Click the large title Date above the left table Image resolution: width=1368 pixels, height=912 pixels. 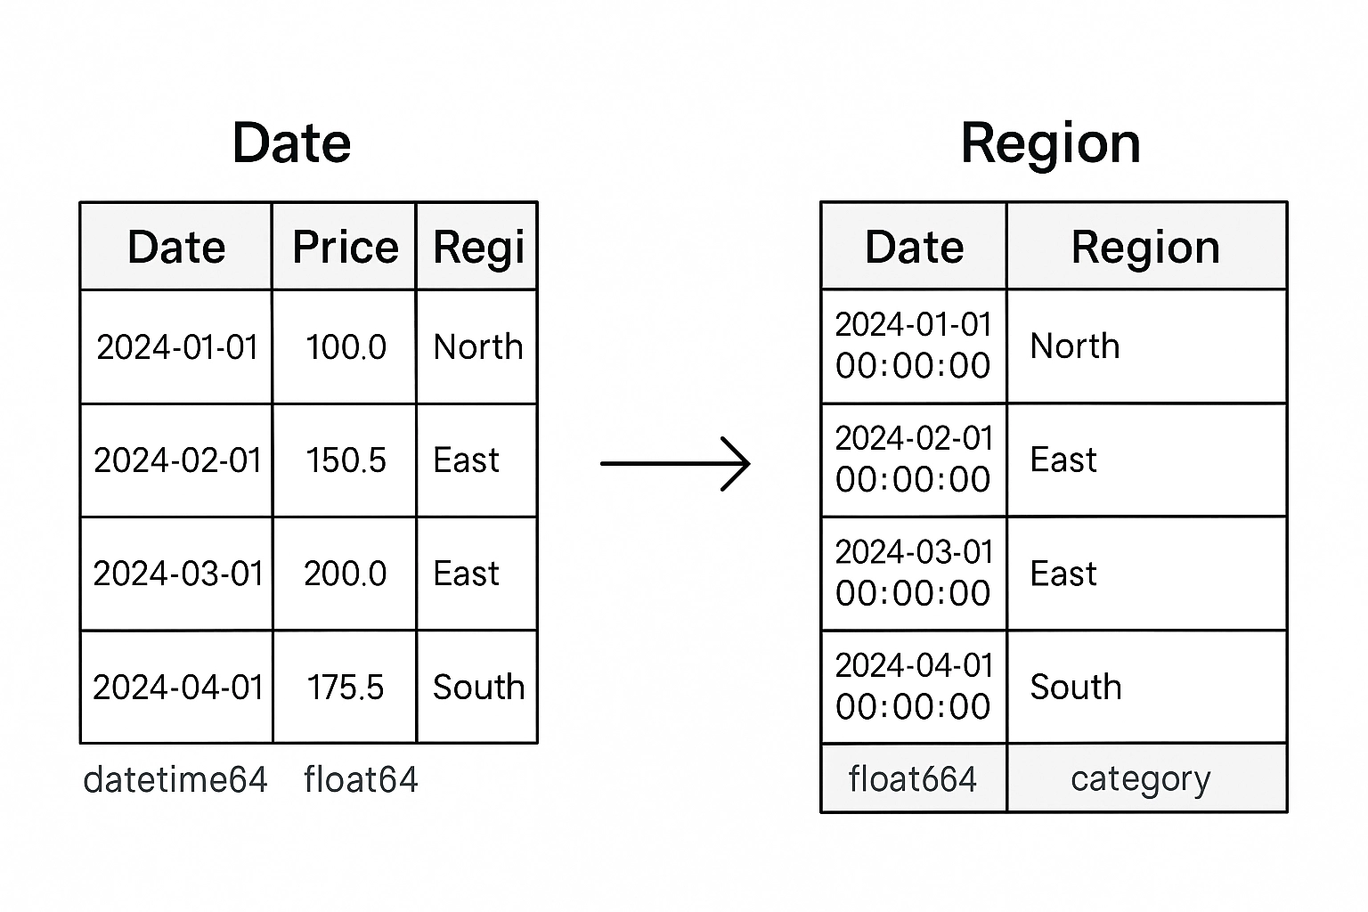[x=292, y=142]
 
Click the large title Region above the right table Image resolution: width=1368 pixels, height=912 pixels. [x=1051, y=144]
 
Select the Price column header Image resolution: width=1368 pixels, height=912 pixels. [x=345, y=247]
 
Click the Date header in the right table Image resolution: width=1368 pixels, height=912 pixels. [x=915, y=247]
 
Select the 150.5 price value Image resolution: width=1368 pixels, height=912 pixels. [x=346, y=460]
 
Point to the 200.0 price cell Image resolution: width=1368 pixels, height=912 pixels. [x=345, y=574]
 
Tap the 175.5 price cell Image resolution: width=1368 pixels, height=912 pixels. [x=345, y=688]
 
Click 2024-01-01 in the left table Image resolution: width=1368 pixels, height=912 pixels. [x=177, y=347]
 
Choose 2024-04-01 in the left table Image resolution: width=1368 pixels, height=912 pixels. [x=178, y=688]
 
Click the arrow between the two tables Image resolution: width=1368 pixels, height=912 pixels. [x=675, y=464]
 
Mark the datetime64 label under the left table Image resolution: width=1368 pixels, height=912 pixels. [x=175, y=779]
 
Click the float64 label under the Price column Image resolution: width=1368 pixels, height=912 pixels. [x=361, y=779]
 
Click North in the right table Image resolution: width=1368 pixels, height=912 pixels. [x=1075, y=346]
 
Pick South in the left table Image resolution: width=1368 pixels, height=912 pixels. [x=479, y=688]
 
